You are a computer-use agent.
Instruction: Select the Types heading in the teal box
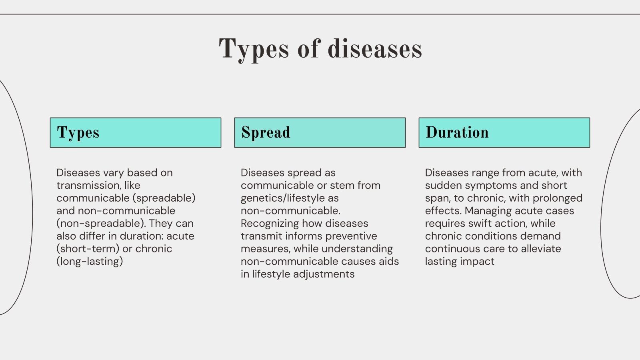point(78,133)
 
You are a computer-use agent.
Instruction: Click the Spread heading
point(266,132)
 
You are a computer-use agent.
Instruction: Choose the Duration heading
point(457,132)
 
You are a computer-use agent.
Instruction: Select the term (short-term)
point(88,248)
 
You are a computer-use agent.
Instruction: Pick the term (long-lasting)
point(90,262)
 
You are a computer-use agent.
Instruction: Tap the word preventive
point(351,236)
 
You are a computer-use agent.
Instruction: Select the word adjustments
point(324,274)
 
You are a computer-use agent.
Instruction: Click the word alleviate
point(541,248)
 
